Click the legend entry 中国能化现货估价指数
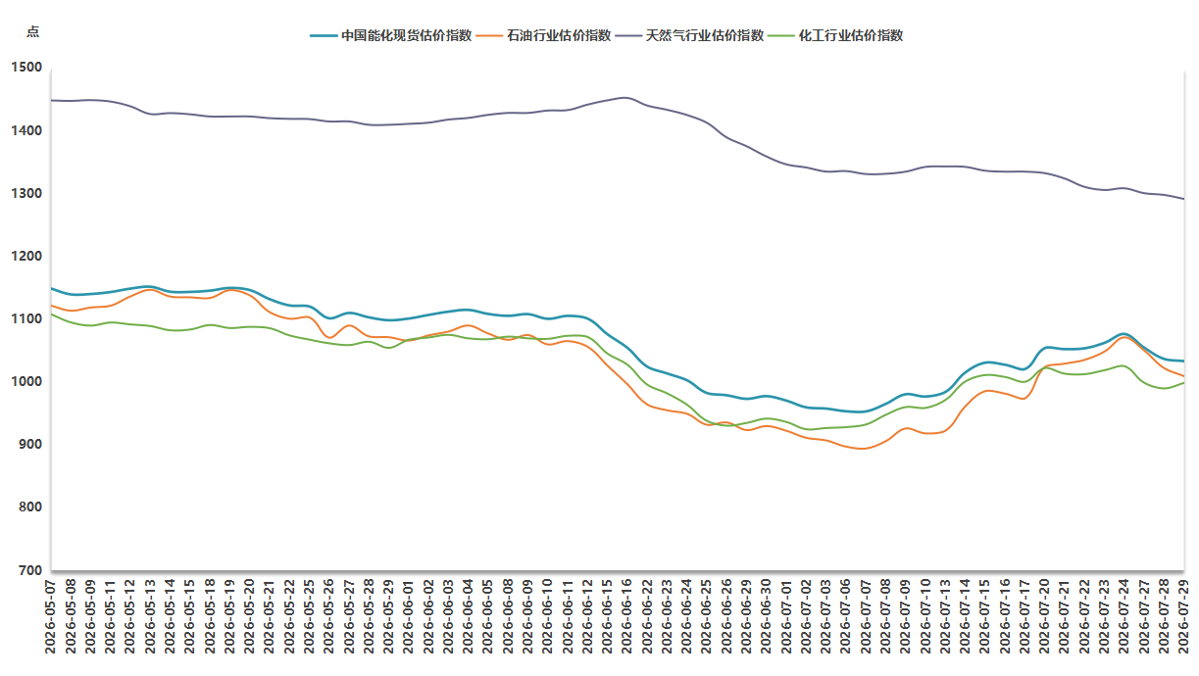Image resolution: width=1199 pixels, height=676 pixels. (391, 36)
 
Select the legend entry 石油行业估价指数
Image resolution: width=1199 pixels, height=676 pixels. (543, 36)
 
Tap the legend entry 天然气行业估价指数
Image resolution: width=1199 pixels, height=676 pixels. (689, 36)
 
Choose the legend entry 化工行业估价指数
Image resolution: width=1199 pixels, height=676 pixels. (835, 36)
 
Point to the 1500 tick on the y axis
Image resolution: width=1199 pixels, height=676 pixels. (26, 68)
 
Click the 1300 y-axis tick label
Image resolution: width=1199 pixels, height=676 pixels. (26, 193)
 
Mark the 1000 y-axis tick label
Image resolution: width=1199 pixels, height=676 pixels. (26, 381)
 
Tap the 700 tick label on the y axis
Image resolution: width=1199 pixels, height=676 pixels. (30, 570)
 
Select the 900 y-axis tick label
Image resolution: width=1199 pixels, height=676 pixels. (30, 444)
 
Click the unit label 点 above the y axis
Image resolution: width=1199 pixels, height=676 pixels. (32, 31)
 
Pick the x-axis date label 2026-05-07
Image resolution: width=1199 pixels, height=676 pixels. (50, 616)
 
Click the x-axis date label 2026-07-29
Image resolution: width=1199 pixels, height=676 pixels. (1183, 616)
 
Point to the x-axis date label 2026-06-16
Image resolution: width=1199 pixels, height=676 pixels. (626, 616)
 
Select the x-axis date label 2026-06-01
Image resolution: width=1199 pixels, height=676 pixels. (409, 616)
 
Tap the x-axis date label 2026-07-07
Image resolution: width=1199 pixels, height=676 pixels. (866, 616)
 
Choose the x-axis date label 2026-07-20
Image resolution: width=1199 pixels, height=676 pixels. (1044, 616)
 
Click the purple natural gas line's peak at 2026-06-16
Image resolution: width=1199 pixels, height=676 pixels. (625, 98)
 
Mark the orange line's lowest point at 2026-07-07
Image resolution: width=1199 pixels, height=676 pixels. (863, 449)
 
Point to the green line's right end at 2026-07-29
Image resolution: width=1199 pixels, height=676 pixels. (1183, 383)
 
